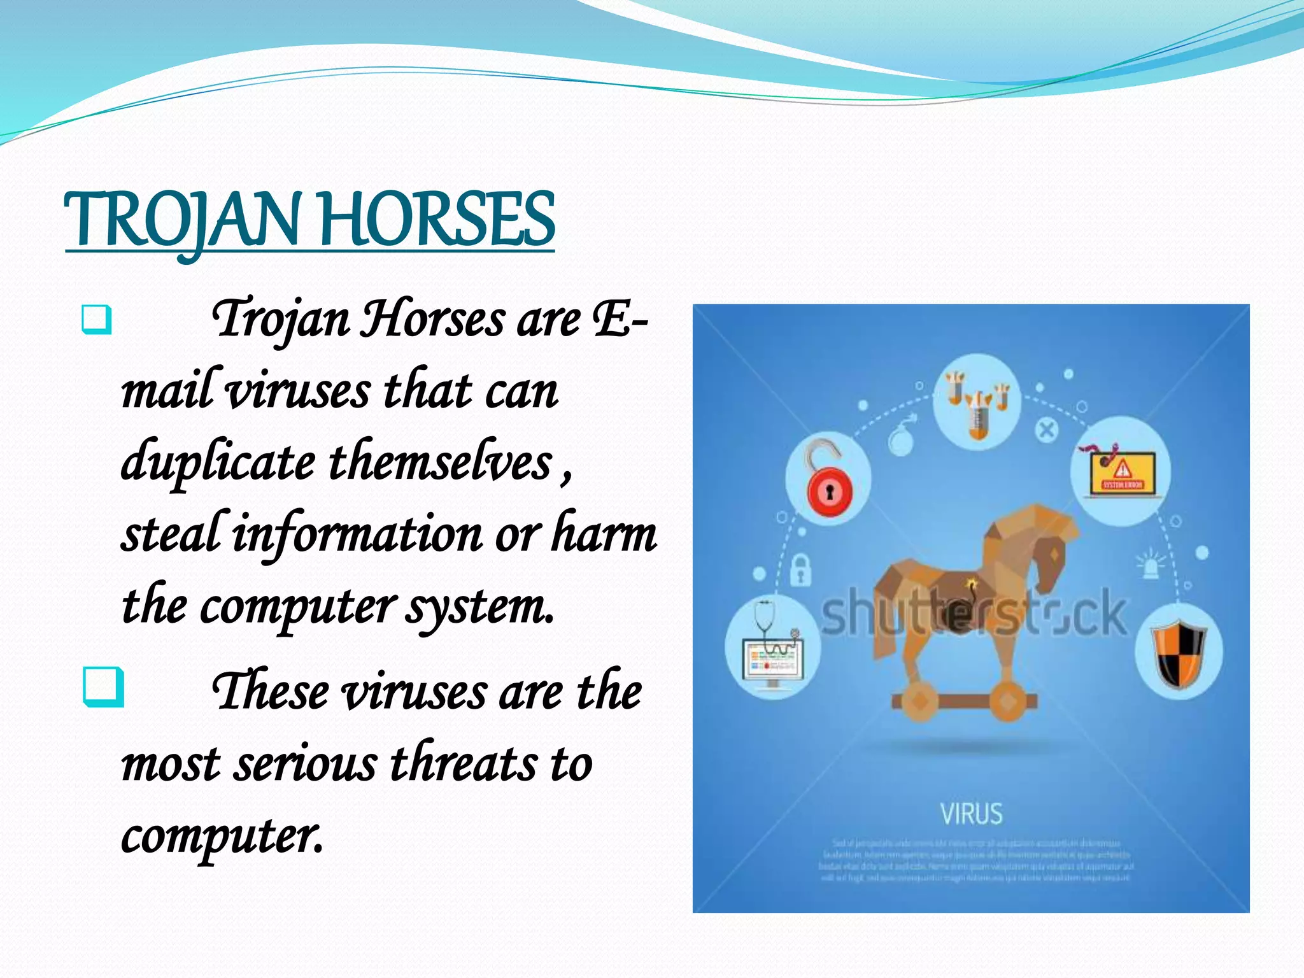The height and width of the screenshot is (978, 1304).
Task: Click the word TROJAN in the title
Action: coord(181,220)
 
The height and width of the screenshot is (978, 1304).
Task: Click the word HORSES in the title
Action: coord(438,220)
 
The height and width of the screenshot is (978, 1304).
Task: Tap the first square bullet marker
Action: coord(97,320)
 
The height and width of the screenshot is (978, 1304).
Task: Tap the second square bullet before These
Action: coord(103,686)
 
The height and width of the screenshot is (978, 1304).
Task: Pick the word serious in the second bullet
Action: coord(305,764)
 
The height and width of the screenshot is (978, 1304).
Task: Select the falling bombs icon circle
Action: coord(976,402)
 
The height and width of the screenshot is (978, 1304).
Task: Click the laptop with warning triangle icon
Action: coord(1121,471)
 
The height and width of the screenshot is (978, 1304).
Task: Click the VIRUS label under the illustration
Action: coord(972,814)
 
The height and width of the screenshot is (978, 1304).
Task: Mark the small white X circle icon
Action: coord(1046,430)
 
